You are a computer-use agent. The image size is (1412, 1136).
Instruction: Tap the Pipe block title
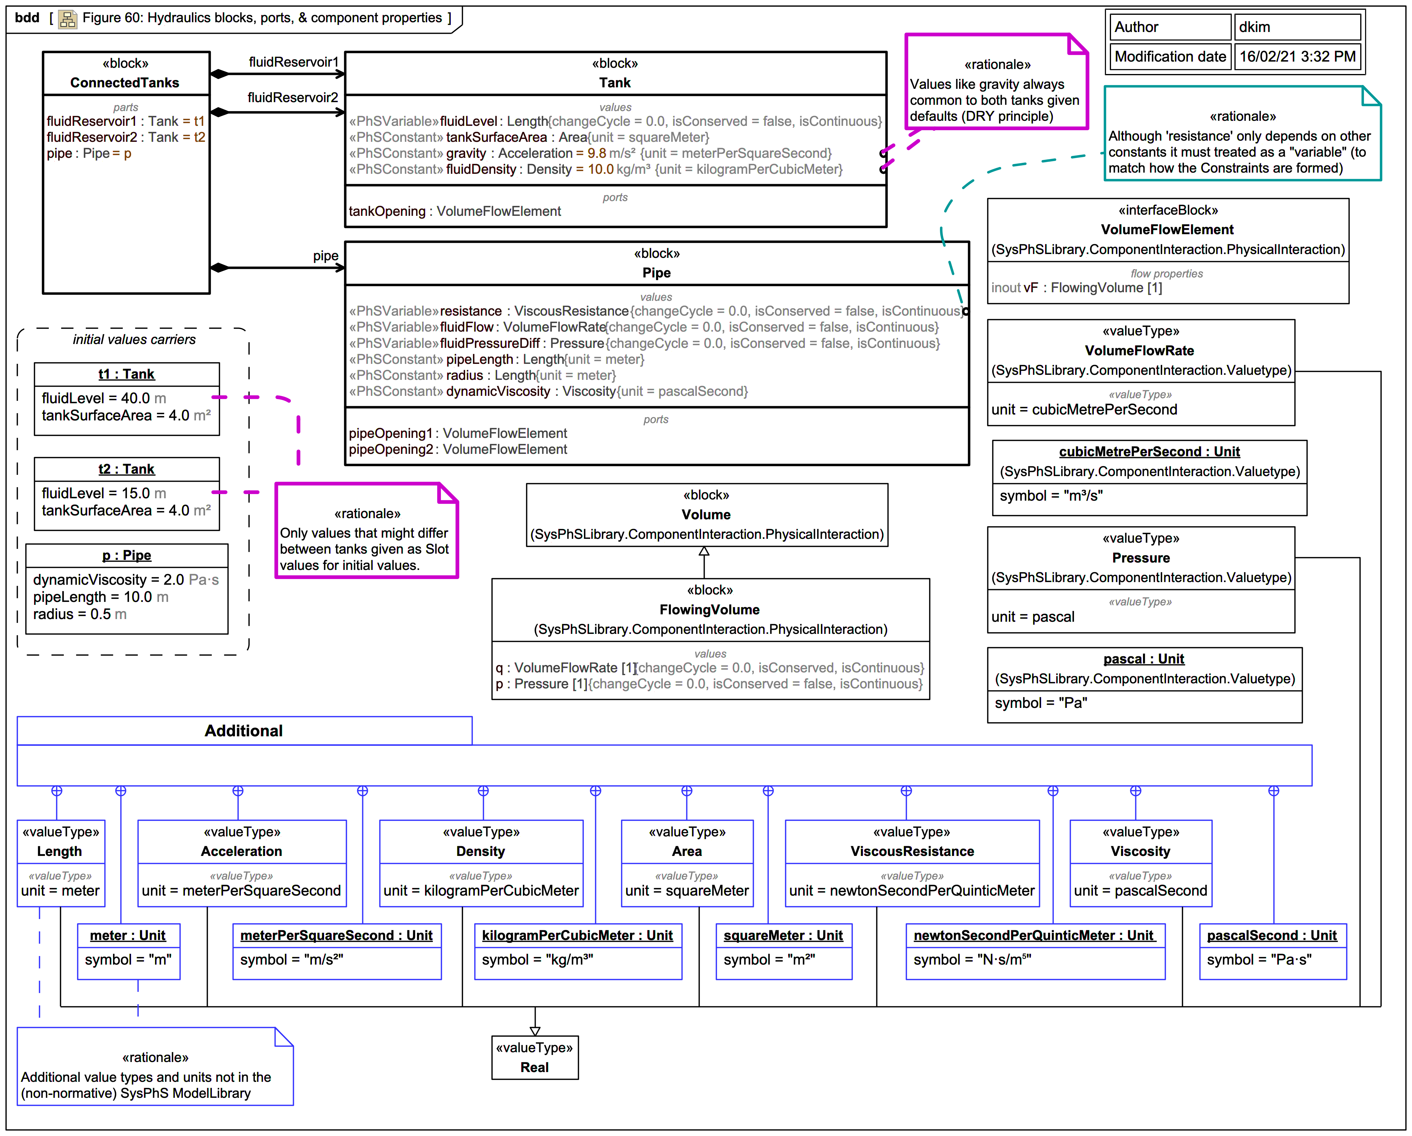pos(656,273)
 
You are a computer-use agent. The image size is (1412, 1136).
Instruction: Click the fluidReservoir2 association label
pos(293,98)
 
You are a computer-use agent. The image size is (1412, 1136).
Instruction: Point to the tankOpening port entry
pos(455,211)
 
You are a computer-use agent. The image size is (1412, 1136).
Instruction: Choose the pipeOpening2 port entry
pos(458,449)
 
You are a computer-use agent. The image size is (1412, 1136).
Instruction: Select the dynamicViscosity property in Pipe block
pos(498,391)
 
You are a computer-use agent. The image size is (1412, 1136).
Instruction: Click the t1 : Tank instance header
pos(126,374)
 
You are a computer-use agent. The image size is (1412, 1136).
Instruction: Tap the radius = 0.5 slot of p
pos(80,614)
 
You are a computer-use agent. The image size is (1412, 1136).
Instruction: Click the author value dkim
pos(1254,27)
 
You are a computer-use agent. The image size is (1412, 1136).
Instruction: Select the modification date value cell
pos(1297,56)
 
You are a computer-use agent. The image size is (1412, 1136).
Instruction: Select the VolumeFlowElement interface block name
pos(1167,229)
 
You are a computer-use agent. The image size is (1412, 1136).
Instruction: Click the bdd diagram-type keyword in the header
pos(27,18)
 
